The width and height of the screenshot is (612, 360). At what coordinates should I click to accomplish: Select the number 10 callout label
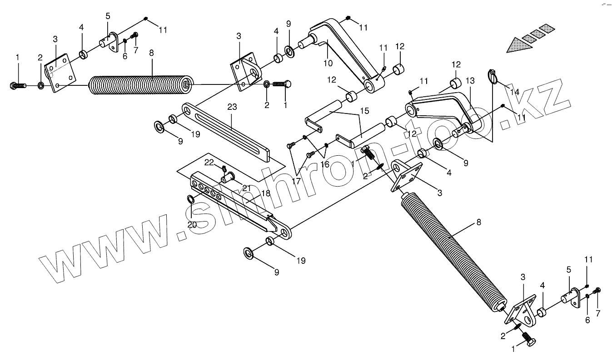click(x=328, y=63)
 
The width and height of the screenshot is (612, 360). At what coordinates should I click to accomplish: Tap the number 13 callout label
click(x=470, y=81)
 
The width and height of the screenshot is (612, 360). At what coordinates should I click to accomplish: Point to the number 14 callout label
click(x=514, y=92)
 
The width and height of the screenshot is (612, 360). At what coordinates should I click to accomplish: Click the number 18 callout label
click(x=265, y=193)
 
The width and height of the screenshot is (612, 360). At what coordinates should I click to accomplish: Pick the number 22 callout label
click(x=209, y=162)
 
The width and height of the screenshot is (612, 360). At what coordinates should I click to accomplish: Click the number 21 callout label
click(x=246, y=188)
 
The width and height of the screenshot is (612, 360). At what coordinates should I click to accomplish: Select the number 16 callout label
click(x=325, y=164)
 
